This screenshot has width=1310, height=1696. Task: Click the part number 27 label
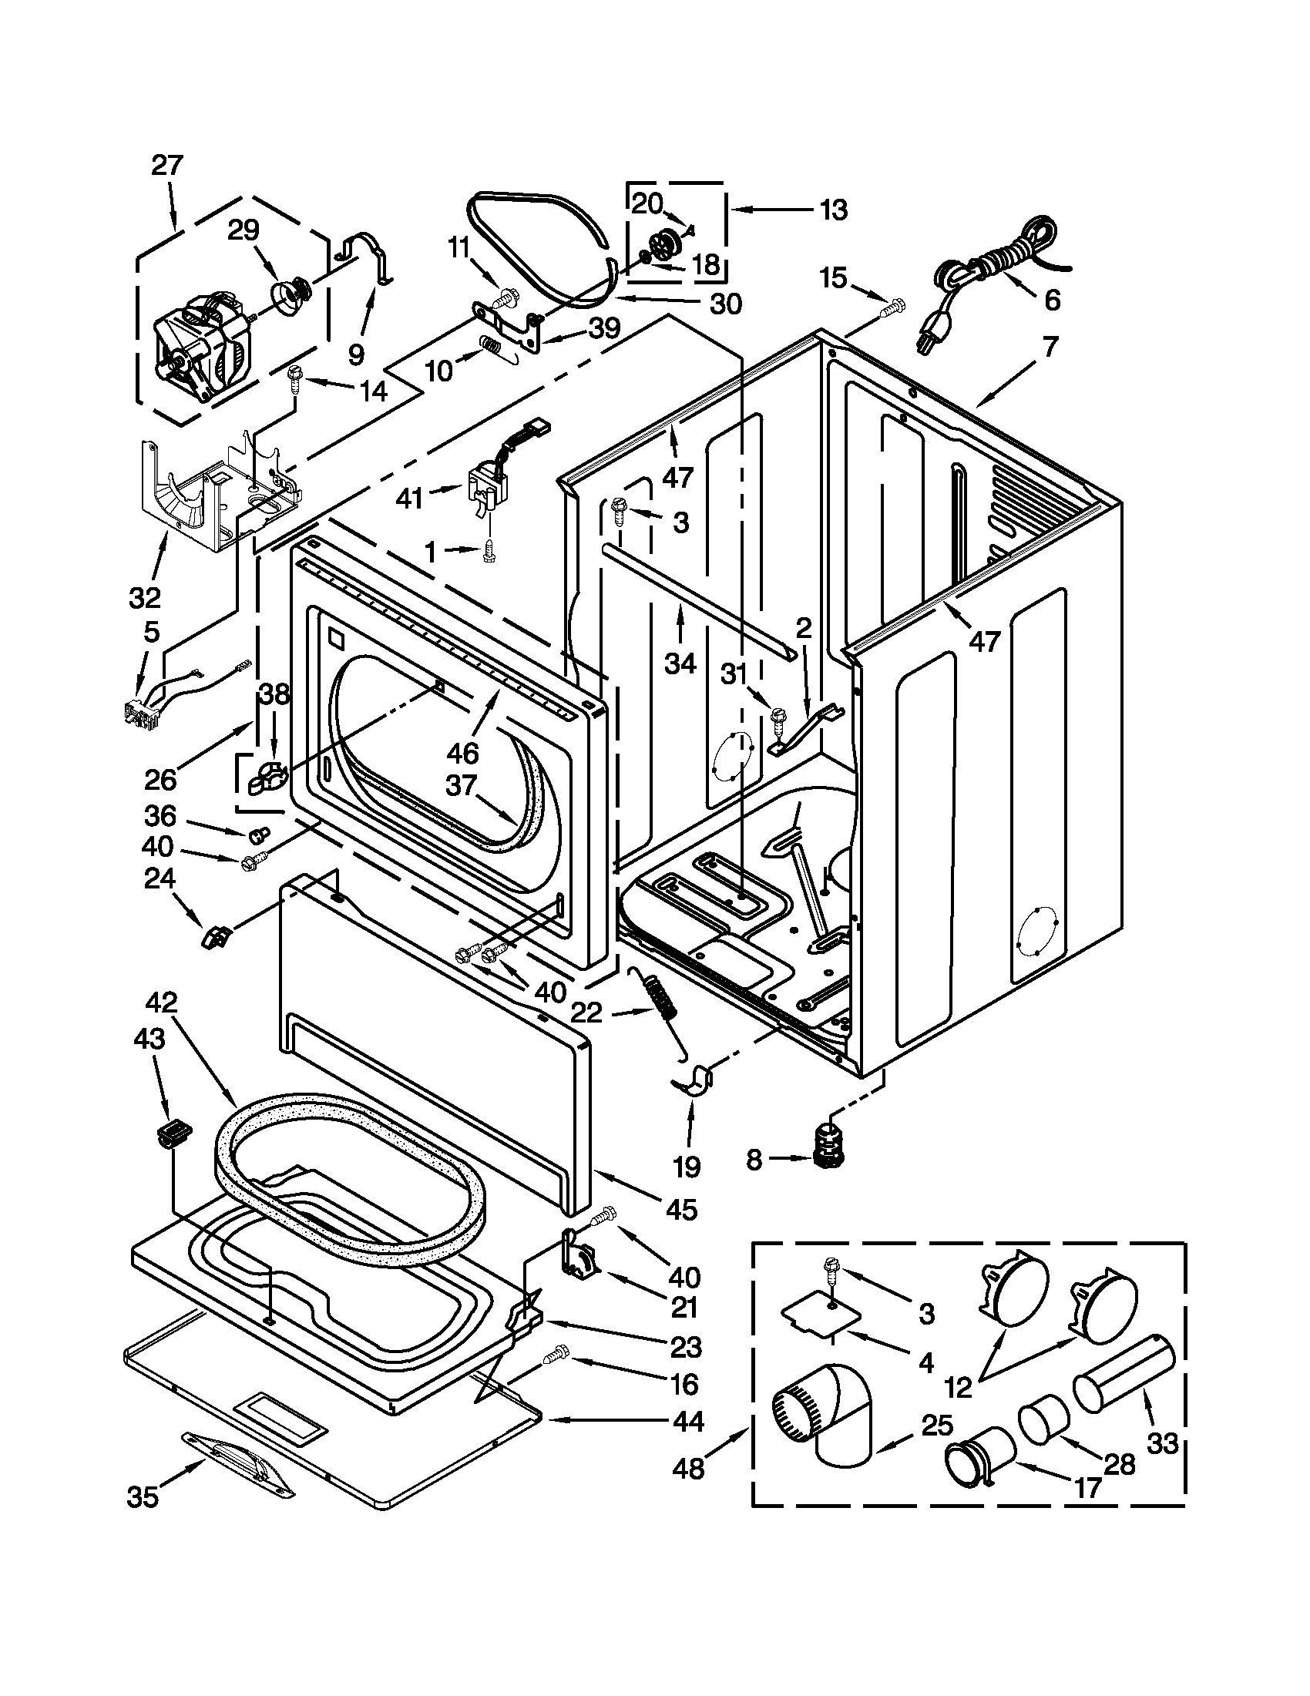tap(167, 166)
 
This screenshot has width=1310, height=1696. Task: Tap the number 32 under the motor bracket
tap(144, 597)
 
